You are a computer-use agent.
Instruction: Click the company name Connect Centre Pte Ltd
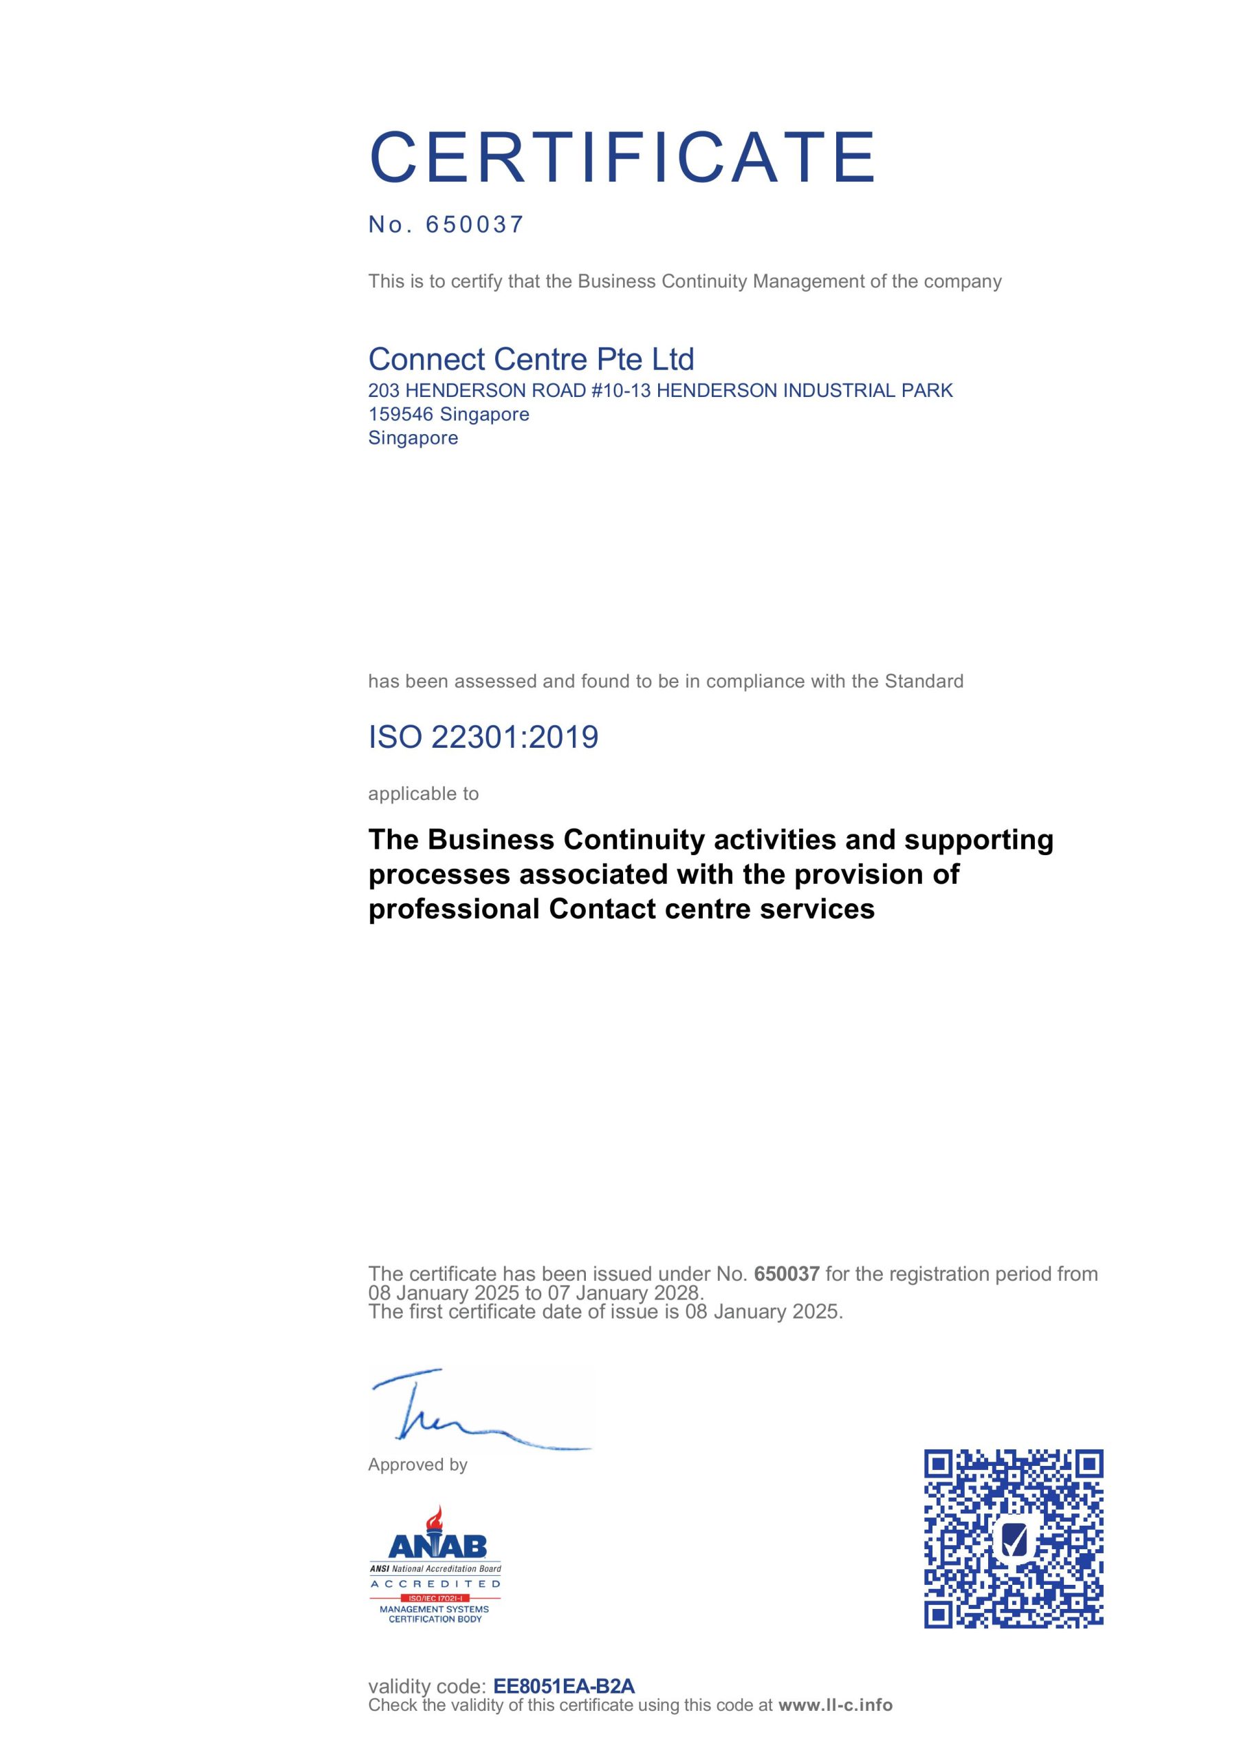pyautogui.click(x=531, y=359)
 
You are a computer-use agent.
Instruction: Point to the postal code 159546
pyautogui.click(x=401, y=414)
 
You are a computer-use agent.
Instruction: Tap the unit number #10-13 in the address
pyautogui.click(x=620, y=391)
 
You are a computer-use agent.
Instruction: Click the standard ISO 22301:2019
pyautogui.click(x=483, y=737)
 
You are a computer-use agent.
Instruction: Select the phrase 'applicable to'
pyautogui.click(x=424, y=794)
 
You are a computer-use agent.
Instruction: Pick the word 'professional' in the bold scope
pyautogui.click(x=454, y=909)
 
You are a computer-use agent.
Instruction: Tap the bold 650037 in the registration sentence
pyautogui.click(x=787, y=1274)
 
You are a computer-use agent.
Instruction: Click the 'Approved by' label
pyautogui.click(x=418, y=1465)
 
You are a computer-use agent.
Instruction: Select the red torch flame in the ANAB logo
pyautogui.click(x=437, y=1518)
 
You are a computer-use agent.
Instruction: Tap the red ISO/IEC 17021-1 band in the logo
pyautogui.click(x=435, y=1599)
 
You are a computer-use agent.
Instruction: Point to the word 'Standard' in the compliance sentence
pyautogui.click(x=924, y=681)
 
